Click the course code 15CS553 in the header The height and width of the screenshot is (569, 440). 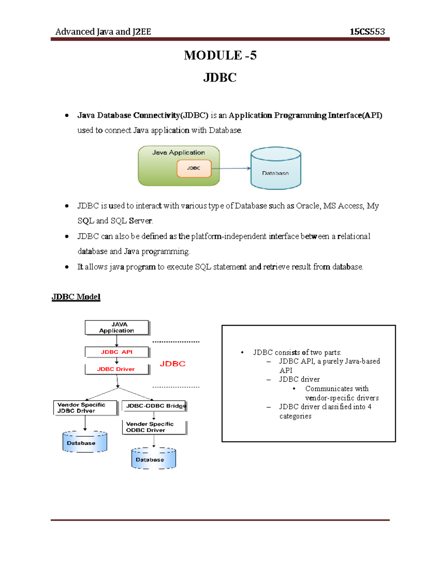[x=367, y=32]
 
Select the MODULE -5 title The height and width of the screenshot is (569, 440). [x=220, y=55]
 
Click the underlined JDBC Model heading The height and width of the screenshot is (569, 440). [x=76, y=297]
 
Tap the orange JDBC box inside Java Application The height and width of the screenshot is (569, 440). [x=194, y=168]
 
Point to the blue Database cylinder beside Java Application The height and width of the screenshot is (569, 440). [x=276, y=168]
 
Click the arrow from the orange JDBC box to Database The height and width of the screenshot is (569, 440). [x=231, y=169]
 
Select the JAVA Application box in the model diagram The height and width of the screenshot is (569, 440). [x=117, y=328]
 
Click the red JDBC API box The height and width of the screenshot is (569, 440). [x=117, y=352]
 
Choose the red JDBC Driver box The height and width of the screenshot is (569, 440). [x=117, y=369]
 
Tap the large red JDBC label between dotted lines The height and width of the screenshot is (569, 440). [x=173, y=364]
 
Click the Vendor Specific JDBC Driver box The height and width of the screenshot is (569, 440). [x=85, y=408]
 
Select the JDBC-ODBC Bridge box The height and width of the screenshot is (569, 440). [x=154, y=406]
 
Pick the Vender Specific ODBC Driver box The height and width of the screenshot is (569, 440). [x=154, y=427]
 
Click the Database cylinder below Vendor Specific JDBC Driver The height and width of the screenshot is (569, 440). [x=85, y=442]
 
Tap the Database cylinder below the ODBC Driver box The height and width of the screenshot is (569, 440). [x=154, y=458]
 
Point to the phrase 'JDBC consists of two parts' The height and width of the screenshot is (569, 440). [x=297, y=352]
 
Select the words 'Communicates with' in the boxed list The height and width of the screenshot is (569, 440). [x=337, y=389]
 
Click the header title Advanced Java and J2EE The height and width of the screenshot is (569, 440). [x=103, y=32]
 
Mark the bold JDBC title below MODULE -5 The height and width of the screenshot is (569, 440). [x=220, y=78]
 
